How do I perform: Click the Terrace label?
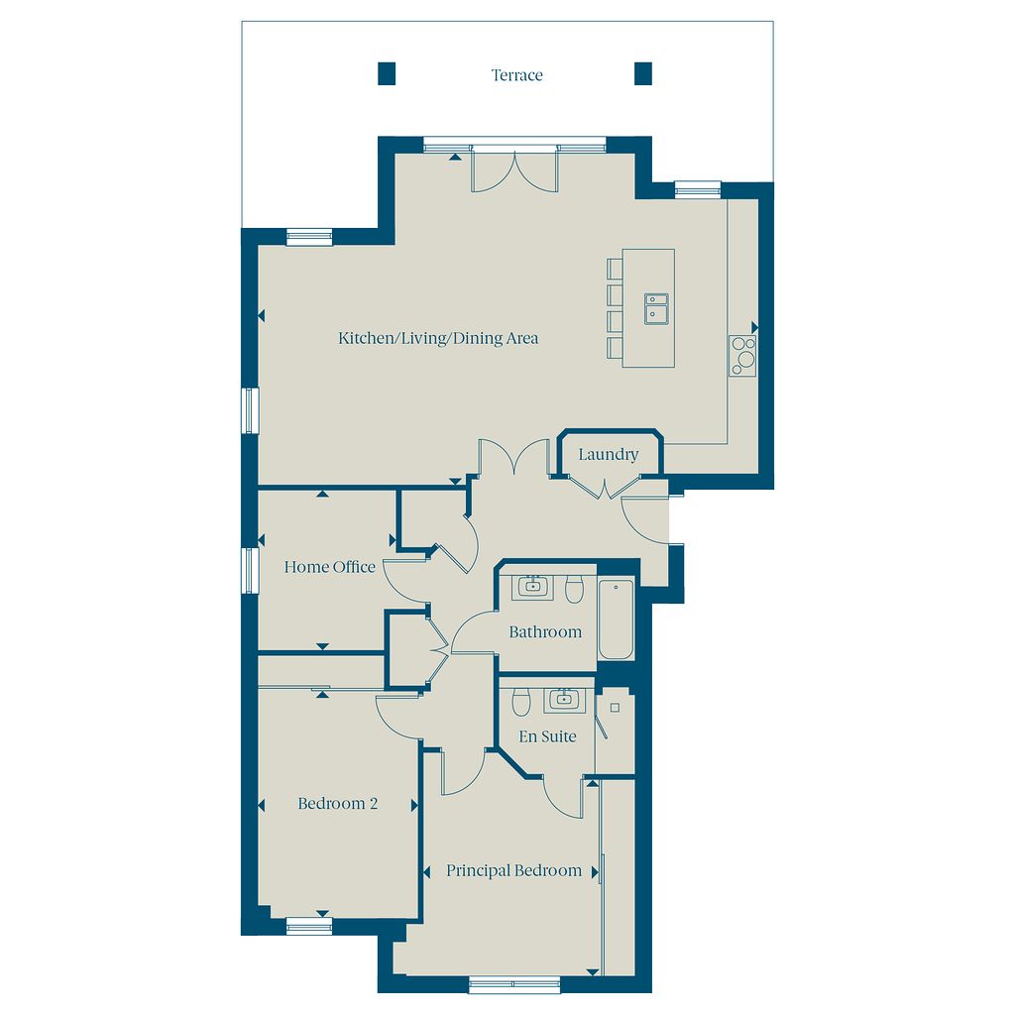(516, 75)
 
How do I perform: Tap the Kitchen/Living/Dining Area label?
(438, 338)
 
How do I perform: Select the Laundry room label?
(608, 454)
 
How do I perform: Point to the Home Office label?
(329, 567)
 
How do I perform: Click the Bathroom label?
(545, 631)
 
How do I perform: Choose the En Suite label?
(547, 736)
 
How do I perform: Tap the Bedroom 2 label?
(337, 803)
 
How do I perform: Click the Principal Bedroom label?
(513, 870)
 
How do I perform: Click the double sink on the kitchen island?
(656, 308)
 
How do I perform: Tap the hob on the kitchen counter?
(742, 356)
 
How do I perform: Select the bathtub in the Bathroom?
(616, 620)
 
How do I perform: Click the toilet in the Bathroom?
(574, 589)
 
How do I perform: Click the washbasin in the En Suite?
(564, 700)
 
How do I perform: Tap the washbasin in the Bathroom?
(532, 587)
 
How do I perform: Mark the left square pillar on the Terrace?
(387, 73)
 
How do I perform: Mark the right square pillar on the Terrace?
(642, 73)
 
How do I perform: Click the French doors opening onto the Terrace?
(514, 170)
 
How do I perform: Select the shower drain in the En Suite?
(615, 708)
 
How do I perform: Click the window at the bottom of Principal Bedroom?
(514, 984)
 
